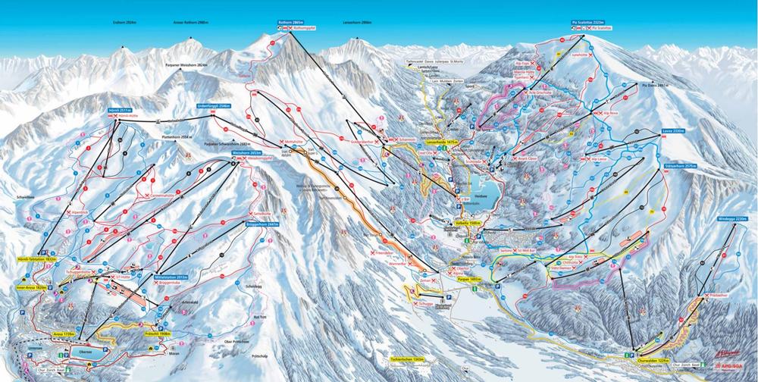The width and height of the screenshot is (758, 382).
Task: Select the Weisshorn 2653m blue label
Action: [246, 152]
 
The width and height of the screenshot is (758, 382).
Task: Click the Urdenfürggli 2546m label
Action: [213, 106]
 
